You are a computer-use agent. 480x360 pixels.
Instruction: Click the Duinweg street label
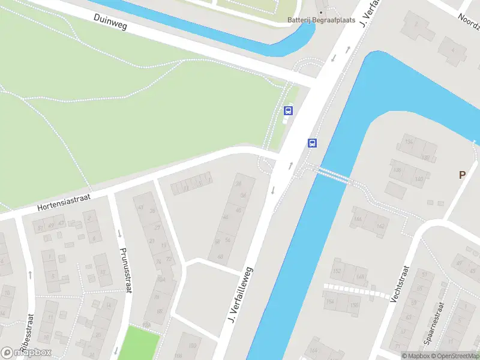click(x=111, y=23)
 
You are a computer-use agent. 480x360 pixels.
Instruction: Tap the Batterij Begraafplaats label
click(x=321, y=20)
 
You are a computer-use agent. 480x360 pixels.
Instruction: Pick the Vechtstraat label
click(x=400, y=283)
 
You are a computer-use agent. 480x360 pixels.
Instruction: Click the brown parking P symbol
click(x=462, y=175)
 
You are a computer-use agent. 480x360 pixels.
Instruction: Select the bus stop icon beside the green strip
click(x=288, y=110)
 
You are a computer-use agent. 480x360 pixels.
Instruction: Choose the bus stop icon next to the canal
click(x=312, y=143)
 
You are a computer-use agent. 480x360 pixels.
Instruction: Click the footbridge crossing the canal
click(x=333, y=175)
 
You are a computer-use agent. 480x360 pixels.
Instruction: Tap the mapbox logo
click(x=26, y=353)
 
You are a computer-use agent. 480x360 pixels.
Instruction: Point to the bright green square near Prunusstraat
click(x=141, y=343)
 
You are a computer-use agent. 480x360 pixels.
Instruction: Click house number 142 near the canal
click(x=380, y=226)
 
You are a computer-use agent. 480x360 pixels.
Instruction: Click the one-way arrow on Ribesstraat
click(x=30, y=275)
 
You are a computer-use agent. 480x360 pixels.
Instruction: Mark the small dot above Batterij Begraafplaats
click(x=321, y=11)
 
